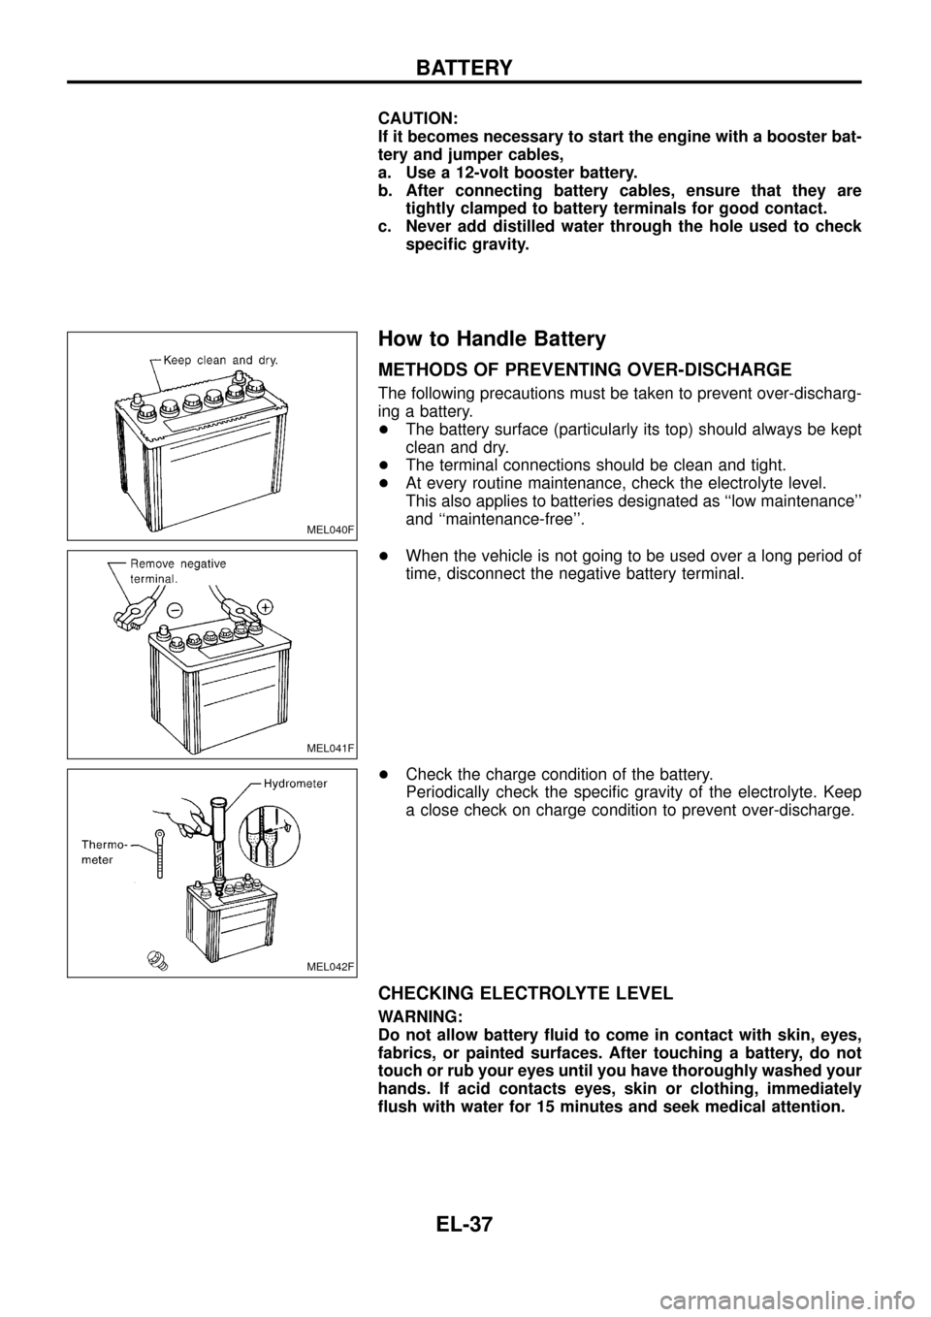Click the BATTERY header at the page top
click(x=465, y=67)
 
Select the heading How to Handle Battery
click(x=492, y=338)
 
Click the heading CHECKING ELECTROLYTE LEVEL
click(x=525, y=993)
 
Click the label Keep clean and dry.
click(x=220, y=359)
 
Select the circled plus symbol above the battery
click(x=265, y=604)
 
